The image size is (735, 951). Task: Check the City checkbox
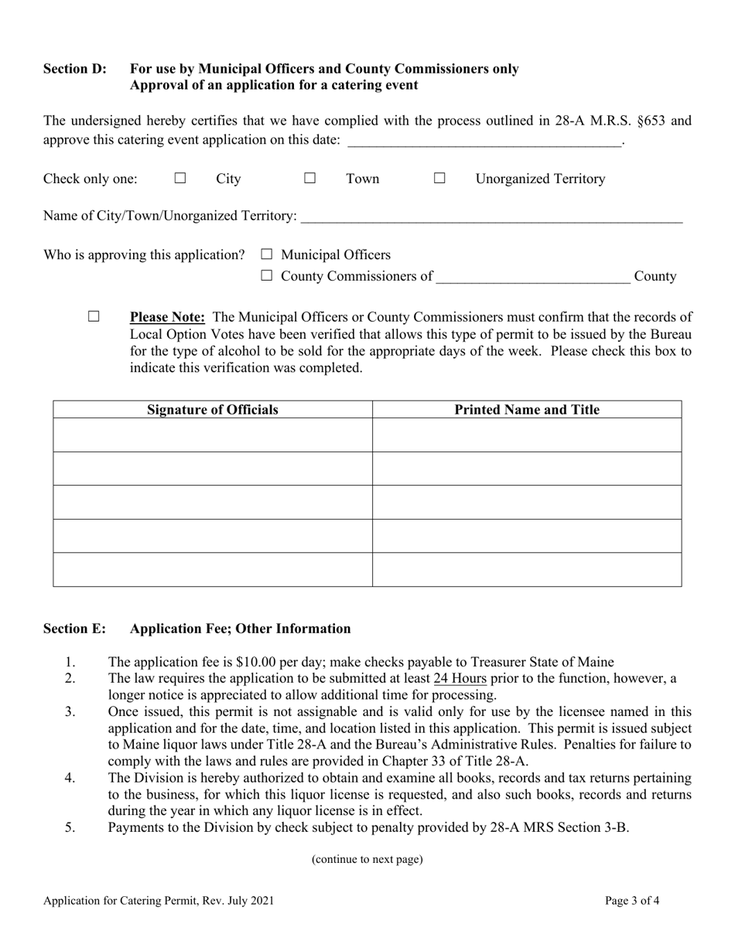pos(180,179)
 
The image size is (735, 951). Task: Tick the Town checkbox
pos(309,179)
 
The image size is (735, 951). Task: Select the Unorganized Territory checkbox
pos(439,179)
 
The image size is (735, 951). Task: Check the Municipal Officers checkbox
pos(268,254)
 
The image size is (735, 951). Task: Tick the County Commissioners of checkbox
pos(268,276)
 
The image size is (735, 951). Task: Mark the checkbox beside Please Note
pos(94,316)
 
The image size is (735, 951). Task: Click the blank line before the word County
pos(533,277)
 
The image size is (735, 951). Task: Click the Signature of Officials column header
pos(213,410)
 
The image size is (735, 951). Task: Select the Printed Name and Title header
pos(526,410)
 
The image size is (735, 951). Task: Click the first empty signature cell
pos(213,435)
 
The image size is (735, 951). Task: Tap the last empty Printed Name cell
pos(526,570)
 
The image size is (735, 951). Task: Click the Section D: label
pos(75,69)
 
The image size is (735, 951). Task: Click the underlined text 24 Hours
pos(460,679)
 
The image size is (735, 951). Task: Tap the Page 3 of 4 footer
pos(632,901)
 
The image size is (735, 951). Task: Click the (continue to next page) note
pos(367,859)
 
